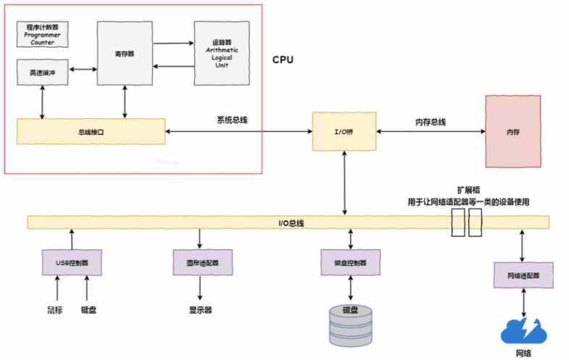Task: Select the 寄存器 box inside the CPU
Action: click(x=125, y=53)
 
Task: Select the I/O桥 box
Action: click(x=345, y=131)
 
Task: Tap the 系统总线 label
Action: click(x=232, y=120)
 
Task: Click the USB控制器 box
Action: click(x=72, y=262)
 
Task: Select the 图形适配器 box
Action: click(x=200, y=261)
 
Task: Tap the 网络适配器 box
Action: click(x=523, y=275)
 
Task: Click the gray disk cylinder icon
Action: click(x=350, y=324)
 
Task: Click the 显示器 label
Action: click(x=200, y=310)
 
